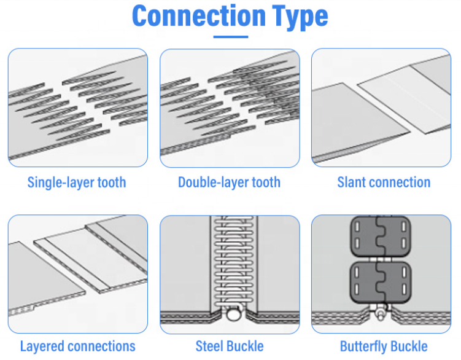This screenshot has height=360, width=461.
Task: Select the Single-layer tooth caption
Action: (x=77, y=182)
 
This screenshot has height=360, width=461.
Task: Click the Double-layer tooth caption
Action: (x=229, y=182)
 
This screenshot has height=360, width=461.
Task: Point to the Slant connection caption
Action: (x=384, y=182)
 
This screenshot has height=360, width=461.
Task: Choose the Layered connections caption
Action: (x=77, y=346)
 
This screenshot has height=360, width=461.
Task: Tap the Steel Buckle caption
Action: (x=230, y=346)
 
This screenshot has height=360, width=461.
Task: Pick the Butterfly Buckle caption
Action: (x=384, y=346)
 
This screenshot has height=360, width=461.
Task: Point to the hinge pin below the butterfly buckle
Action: (x=382, y=313)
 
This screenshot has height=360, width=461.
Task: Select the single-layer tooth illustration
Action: (x=77, y=108)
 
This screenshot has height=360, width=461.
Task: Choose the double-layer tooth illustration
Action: (x=230, y=108)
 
